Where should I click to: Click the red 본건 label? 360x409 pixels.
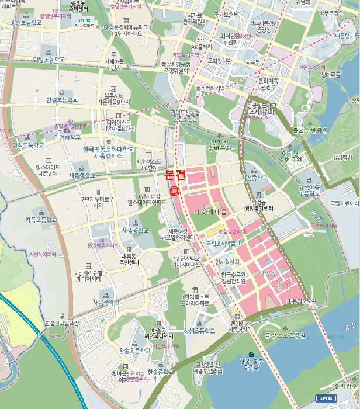tap(175, 174)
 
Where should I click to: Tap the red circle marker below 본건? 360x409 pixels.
tap(174, 189)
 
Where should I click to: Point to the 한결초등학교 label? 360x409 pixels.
tap(62, 100)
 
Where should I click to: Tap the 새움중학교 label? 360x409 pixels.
tap(82, 175)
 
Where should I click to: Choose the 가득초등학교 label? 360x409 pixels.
tap(41, 220)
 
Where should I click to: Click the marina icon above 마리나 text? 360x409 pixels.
tap(251, 354)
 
